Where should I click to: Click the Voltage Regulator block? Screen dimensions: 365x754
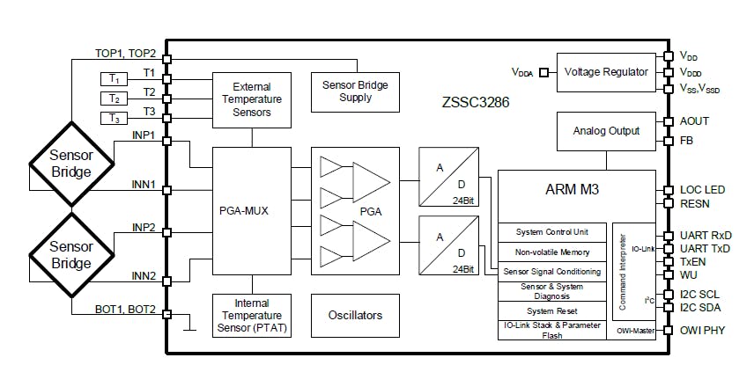(606, 71)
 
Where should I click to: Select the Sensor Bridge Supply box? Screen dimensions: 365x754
(355, 91)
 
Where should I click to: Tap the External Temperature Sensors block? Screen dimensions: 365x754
(252, 100)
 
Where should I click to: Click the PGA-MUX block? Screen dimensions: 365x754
(252, 211)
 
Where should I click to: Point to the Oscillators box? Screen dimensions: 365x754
(355, 314)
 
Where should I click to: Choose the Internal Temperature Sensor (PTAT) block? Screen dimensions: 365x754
(252, 315)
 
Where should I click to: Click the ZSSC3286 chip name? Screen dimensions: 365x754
(476, 102)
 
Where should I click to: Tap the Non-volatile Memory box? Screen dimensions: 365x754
(552, 252)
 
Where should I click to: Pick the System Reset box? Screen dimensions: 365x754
(552, 310)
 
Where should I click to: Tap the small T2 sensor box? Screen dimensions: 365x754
(114, 99)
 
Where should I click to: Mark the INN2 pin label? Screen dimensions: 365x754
(144, 276)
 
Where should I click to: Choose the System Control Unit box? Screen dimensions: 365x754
(552, 232)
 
